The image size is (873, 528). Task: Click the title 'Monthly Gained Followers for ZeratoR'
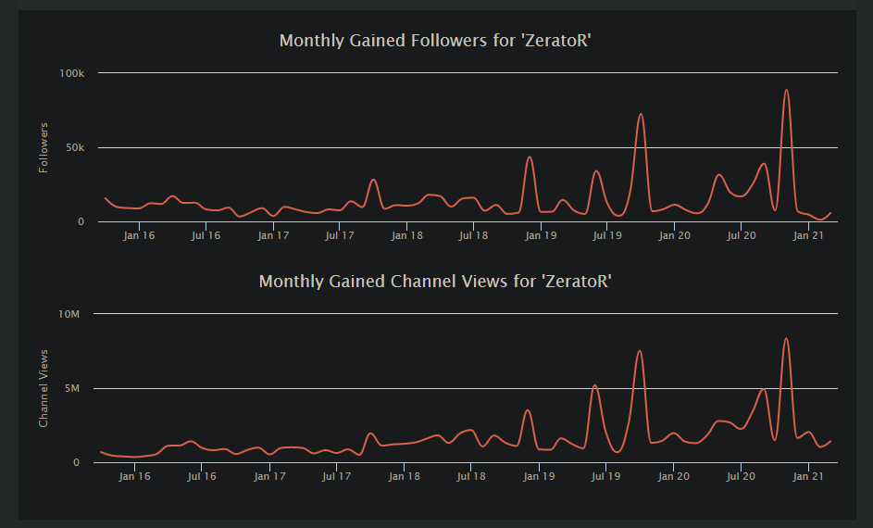[435, 41]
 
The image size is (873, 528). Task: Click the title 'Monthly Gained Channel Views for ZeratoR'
[435, 282]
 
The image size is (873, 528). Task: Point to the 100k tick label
[72, 73]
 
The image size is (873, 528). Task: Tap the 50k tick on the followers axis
[75, 147]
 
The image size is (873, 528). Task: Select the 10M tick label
[69, 314]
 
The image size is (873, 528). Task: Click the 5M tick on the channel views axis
[72, 388]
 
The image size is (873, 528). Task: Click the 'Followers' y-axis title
[44, 147]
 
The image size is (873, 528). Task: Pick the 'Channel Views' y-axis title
[44, 388]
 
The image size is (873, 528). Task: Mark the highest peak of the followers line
[786, 90]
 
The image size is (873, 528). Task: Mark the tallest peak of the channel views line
[786, 339]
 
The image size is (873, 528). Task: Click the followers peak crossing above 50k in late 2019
[641, 114]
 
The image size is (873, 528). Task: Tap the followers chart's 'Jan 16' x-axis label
[139, 235]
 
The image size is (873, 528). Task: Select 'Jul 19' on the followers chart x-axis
[607, 235]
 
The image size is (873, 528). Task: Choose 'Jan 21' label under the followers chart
[808, 235]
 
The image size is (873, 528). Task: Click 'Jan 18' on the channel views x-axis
[405, 476]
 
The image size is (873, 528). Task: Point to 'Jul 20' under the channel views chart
[741, 476]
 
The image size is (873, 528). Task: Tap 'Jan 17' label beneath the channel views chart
[270, 476]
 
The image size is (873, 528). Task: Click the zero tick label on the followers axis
[81, 221]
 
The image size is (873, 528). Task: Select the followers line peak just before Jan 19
[530, 157]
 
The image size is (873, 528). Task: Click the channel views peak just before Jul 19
[594, 385]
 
